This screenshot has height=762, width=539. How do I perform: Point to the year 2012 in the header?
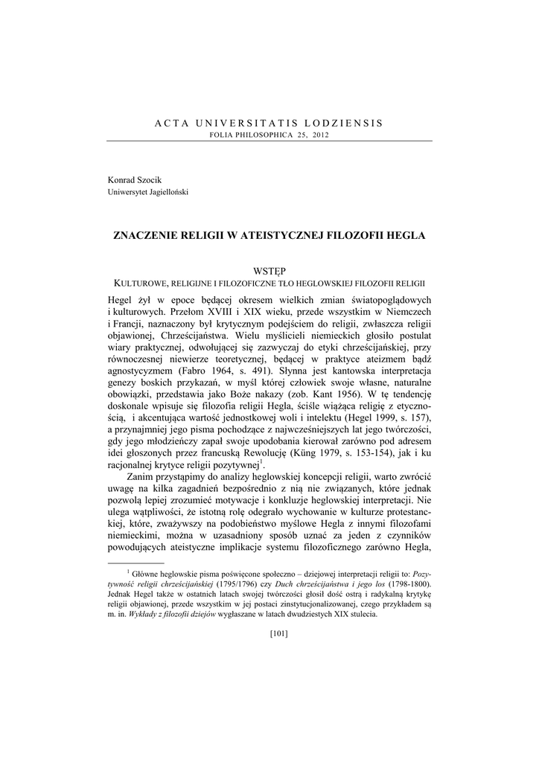(x=319, y=135)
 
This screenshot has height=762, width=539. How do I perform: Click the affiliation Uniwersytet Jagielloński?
(x=148, y=192)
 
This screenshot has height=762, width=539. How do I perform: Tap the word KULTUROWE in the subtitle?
(x=141, y=284)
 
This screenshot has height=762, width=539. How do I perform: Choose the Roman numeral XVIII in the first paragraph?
(x=214, y=310)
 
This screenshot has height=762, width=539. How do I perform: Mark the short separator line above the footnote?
(x=135, y=563)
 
